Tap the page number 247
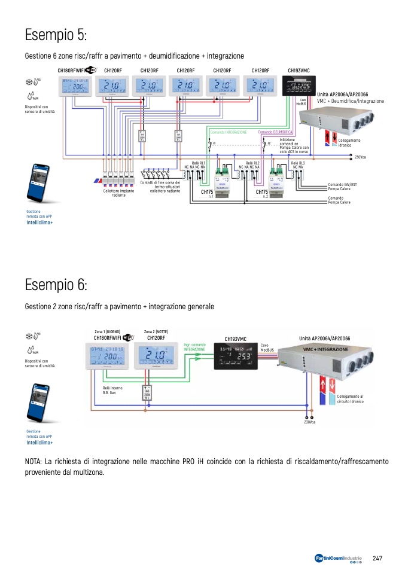[x=377, y=558]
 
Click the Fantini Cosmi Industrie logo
[x=338, y=559]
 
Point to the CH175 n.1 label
[x=207, y=194]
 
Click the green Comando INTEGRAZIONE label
[x=229, y=132]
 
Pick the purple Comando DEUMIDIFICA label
[x=275, y=132]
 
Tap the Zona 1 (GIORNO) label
[x=107, y=331]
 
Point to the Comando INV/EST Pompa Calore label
[x=343, y=187]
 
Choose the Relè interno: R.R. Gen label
[x=105, y=390]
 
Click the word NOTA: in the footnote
[x=34, y=462]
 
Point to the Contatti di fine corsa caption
[x=160, y=187]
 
